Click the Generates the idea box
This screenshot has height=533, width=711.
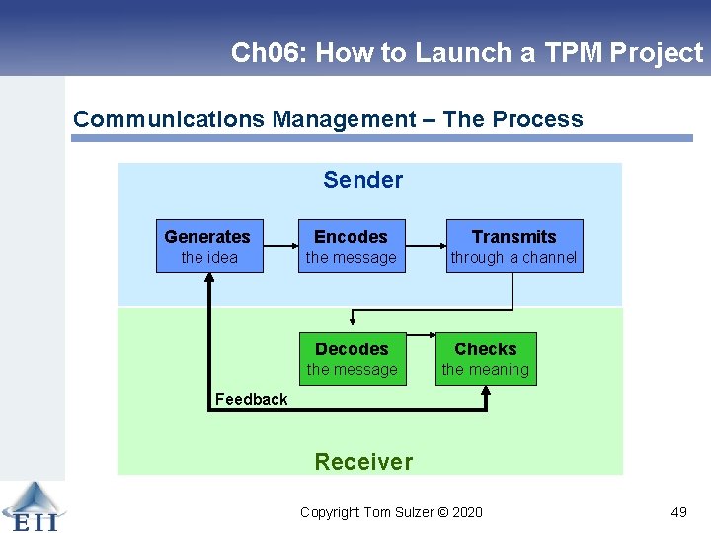point(209,246)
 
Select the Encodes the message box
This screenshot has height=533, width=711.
point(351,246)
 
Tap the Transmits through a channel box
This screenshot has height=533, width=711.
point(513,246)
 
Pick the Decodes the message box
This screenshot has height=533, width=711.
point(352,358)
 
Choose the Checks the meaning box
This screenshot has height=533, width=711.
point(485,358)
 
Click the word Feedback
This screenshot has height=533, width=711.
point(251,399)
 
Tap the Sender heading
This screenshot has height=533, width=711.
point(362,180)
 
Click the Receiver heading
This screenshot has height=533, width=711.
point(362,461)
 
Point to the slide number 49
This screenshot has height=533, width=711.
point(678,512)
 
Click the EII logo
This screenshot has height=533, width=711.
point(33,506)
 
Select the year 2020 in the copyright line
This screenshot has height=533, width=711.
point(466,512)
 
